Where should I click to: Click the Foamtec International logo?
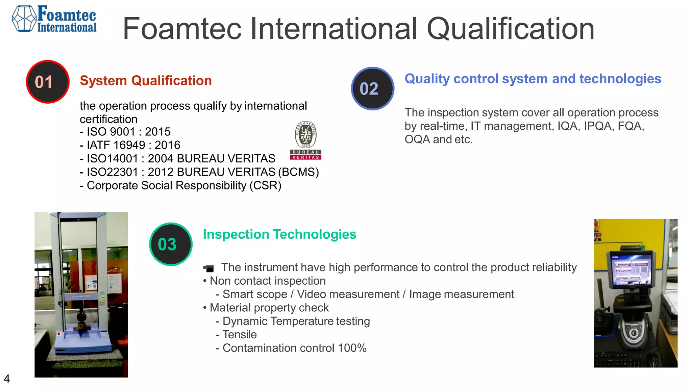[54, 19]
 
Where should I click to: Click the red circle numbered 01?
[48, 82]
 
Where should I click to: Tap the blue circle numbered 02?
[372, 88]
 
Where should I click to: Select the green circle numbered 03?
[171, 244]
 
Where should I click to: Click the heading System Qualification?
[146, 81]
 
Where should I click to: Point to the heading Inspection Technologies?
[279, 234]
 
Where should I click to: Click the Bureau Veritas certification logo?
[305, 140]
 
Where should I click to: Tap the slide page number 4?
[7, 379]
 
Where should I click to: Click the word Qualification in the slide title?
[510, 29]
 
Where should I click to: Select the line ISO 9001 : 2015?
[125, 132]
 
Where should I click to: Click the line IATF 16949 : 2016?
[130, 145]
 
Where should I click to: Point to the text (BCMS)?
[299, 172]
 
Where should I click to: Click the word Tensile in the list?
[240, 335]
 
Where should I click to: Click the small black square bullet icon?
[209, 268]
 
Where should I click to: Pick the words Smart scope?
[255, 294]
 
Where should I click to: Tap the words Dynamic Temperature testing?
[296, 321]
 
